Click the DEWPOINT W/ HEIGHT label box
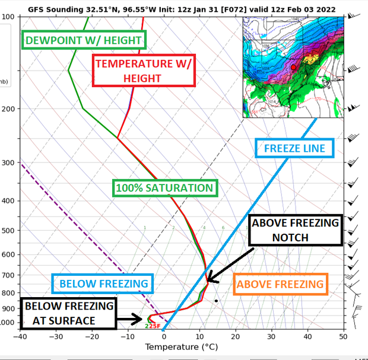(x=84, y=40)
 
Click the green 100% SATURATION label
(x=165, y=188)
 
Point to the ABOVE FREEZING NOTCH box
(x=296, y=230)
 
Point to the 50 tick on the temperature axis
(x=343, y=336)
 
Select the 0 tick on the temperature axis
(x=164, y=336)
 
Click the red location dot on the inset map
(x=293, y=68)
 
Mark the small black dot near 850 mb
(x=217, y=301)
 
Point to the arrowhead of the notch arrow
(x=207, y=279)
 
